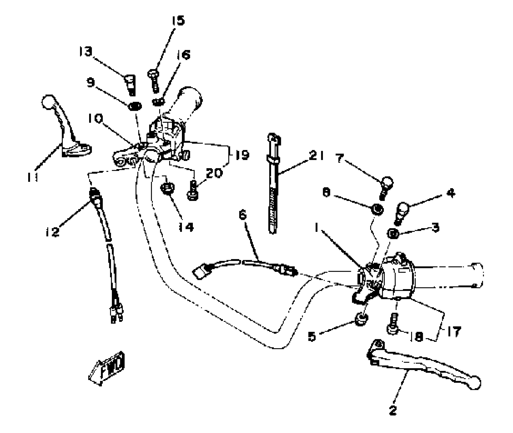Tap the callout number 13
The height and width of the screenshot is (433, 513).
click(x=85, y=52)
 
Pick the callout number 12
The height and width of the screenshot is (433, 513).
click(x=52, y=231)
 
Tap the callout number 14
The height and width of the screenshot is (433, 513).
click(x=186, y=227)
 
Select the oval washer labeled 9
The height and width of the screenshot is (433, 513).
click(x=135, y=106)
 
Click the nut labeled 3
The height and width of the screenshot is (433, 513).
click(x=394, y=234)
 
